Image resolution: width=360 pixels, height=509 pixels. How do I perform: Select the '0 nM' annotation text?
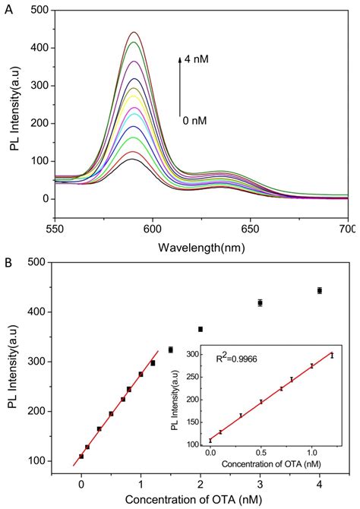pos(194,119)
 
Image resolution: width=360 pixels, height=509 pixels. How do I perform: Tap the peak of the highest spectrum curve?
pos(134,32)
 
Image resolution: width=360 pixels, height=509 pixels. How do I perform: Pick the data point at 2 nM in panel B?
pos(201,329)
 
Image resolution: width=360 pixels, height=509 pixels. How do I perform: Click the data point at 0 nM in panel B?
pos(81,457)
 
